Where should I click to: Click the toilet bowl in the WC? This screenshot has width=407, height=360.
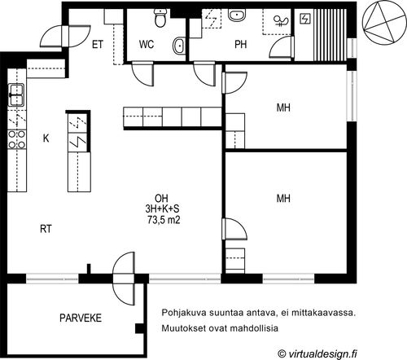(x=160, y=18)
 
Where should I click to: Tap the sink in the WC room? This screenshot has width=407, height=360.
(x=179, y=46)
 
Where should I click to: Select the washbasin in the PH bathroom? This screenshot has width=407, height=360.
(x=237, y=15)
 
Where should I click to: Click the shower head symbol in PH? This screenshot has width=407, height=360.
(x=282, y=21)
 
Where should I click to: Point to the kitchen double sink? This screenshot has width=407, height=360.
(x=17, y=94)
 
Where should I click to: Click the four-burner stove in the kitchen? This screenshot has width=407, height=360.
(x=17, y=139)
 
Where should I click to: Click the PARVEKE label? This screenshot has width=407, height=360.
(x=81, y=318)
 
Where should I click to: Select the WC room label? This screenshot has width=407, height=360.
(x=147, y=44)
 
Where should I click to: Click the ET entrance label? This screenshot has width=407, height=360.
(x=98, y=45)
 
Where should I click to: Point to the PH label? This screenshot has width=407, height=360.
(x=241, y=45)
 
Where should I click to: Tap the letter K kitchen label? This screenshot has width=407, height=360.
(x=46, y=138)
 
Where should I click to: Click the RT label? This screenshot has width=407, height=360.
(x=46, y=229)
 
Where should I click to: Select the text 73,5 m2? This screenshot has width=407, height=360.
(x=164, y=219)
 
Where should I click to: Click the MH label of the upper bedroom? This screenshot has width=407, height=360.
(x=283, y=108)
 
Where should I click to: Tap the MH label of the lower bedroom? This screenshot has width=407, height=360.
(x=283, y=199)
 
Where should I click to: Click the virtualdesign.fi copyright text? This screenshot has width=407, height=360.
(x=317, y=353)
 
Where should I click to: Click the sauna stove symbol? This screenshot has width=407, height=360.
(x=305, y=19)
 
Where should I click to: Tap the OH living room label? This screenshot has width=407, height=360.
(x=161, y=198)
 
